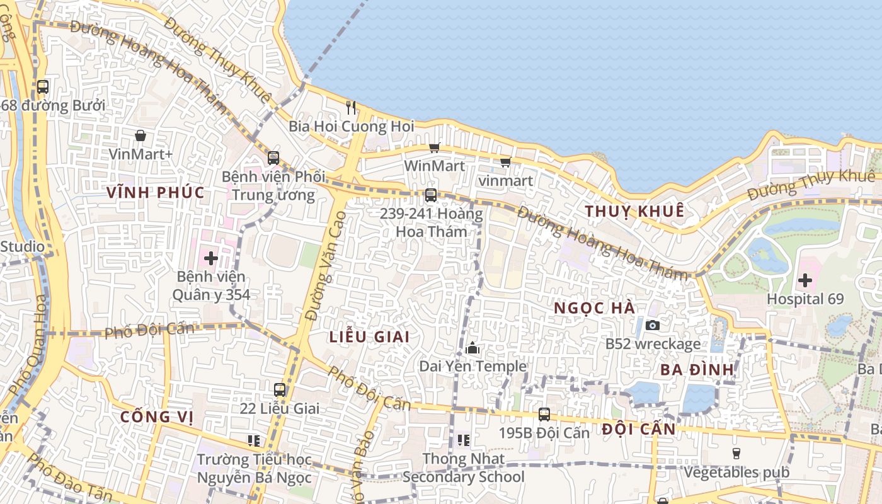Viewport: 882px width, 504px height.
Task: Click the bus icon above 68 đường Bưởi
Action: click(x=43, y=87)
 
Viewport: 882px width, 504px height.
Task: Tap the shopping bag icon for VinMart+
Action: click(x=140, y=135)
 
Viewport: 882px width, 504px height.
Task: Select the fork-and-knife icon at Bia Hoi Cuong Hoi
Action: click(x=351, y=108)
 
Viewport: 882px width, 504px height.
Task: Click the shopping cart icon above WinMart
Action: click(x=434, y=148)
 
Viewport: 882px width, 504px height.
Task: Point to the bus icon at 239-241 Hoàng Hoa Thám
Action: click(x=431, y=195)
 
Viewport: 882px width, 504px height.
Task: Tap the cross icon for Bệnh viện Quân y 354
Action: click(x=211, y=258)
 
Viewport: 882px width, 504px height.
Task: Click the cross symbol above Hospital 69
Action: click(x=805, y=280)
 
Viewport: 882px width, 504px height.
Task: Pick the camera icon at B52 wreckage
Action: click(x=653, y=326)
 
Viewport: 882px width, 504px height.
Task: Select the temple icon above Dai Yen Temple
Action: click(x=472, y=348)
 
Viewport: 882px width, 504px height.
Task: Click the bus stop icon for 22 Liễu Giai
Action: click(x=280, y=390)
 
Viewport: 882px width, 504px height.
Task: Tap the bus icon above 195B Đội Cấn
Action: click(x=544, y=415)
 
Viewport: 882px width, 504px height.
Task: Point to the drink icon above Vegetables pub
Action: click(x=736, y=454)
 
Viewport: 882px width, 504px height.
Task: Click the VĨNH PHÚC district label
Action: click(x=156, y=193)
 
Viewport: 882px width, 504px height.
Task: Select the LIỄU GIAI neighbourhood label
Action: click(x=369, y=336)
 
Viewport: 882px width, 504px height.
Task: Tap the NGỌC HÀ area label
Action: click(x=595, y=309)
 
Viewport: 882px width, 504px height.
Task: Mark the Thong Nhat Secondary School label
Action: click(x=464, y=468)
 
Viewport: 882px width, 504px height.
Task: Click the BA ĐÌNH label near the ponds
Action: click(x=697, y=370)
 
